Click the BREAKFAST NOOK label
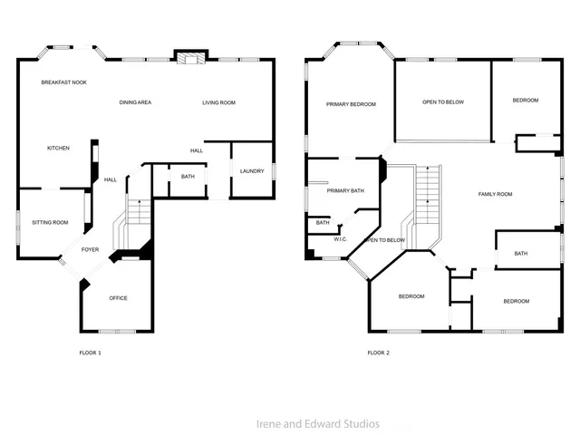pyautogui.click(x=63, y=82)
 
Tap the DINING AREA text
pyautogui.click(x=135, y=102)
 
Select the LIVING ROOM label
pyautogui.click(x=218, y=102)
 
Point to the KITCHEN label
pyautogui.click(x=59, y=148)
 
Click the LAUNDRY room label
pyautogui.click(x=252, y=171)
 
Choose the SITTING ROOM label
pyautogui.click(x=50, y=222)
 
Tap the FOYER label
pyautogui.click(x=91, y=249)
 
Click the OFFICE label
pyautogui.click(x=119, y=298)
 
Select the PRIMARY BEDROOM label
pyautogui.click(x=351, y=104)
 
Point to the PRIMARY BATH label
pyautogui.click(x=345, y=190)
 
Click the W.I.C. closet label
pyautogui.click(x=341, y=239)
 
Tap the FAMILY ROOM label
pyautogui.click(x=496, y=194)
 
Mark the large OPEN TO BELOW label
pyautogui.click(x=443, y=101)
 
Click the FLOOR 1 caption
pyautogui.click(x=90, y=352)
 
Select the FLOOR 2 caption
pyautogui.click(x=378, y=352)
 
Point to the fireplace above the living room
pyautogui.click(x=189, y=59)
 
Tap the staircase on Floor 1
pyautogui.click(x=136, y=217)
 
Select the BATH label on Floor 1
pyautogui.click(x=188, y=177)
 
